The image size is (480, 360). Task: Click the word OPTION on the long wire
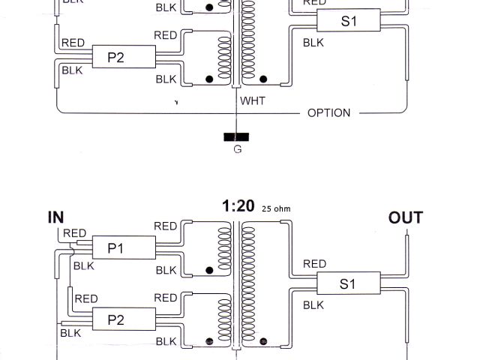coord(328,113)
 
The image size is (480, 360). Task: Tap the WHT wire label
coord(252,99)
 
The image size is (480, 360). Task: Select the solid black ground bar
coord(236,137)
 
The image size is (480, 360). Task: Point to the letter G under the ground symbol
coord(237,150)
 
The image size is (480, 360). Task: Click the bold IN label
coord(56,217)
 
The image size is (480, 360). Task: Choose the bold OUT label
coord(405,218)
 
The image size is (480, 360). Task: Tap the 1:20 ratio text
coord(238,206)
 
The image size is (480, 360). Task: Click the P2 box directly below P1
coord(115,319)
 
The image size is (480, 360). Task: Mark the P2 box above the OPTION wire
coord(115,56)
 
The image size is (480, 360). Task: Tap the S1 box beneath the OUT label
coord(348,284)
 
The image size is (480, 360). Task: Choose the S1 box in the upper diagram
coord(348,21)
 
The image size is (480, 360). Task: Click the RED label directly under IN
coord(74,233)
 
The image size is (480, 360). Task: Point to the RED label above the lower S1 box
coord(314,264)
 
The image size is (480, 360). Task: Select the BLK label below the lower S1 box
coord(313,305)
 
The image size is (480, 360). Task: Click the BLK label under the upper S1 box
coord(313,42)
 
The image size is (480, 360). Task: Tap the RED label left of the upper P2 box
coord(73,43)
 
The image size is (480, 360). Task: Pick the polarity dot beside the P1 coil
coord(209,269)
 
